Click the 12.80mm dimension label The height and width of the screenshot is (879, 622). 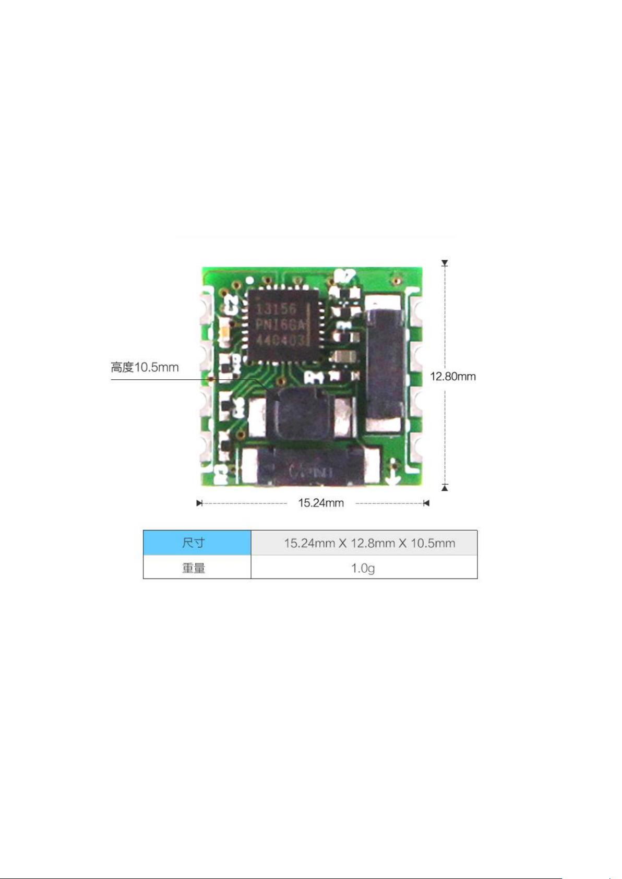click(452, 376)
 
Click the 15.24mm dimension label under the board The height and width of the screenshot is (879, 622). click(320, 503)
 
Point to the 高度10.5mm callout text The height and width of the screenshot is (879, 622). click(145, 367)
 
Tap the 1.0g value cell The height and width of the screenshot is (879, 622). click(363, 568)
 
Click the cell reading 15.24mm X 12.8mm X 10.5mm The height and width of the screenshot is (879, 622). click(369, 543)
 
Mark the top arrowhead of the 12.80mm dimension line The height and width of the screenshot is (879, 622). click(445, 263)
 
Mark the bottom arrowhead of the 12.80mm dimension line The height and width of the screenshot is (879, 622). click(445, 487)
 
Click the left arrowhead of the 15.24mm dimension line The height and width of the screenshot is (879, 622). click(199, 503)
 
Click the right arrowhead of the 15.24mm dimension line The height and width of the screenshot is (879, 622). click(426, 503)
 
